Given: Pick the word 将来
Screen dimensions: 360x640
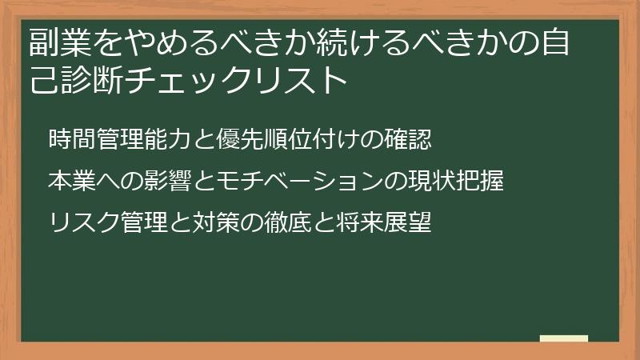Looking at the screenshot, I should coord(356,222).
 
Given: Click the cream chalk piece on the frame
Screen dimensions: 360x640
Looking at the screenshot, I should coord(564,339).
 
